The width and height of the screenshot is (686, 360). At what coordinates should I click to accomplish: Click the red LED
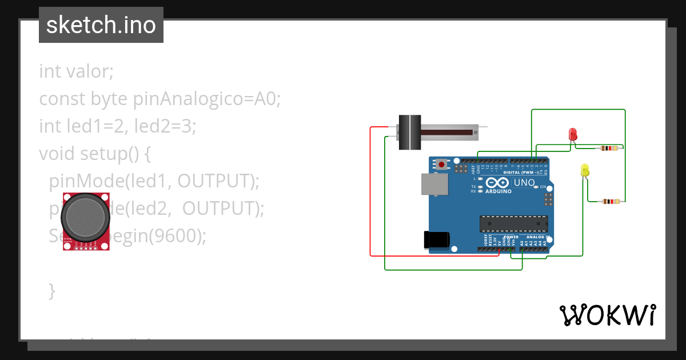click(x=573, y=134)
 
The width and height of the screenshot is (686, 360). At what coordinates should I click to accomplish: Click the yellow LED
click(x=584, y=170)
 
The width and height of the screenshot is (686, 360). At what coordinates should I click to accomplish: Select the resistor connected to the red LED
click(x=607, y=149)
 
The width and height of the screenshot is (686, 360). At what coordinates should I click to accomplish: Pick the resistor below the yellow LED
click(x=611, y=201)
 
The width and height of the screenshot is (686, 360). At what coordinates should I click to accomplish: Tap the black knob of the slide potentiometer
click(x=409, y=132)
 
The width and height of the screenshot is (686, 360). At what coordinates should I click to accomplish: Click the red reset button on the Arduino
click(x=441, y=165)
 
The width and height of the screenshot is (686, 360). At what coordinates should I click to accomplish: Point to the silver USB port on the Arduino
click(x=434, y=184)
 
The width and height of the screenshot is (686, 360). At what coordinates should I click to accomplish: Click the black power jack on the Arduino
click(x=437, y=240)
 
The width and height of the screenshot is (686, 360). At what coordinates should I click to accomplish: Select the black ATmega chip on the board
click(x=513, y=223)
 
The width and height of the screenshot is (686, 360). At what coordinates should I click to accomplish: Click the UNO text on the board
click(x=524, y=183)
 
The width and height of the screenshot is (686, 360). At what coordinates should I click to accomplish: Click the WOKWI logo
click(x=607, y=315)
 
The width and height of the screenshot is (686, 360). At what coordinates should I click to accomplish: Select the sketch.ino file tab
click(x=101, y=25)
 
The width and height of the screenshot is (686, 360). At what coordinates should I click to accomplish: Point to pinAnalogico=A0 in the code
click(x=206, y=99)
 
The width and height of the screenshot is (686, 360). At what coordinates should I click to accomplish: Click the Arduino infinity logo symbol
click(x=497, y=182)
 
